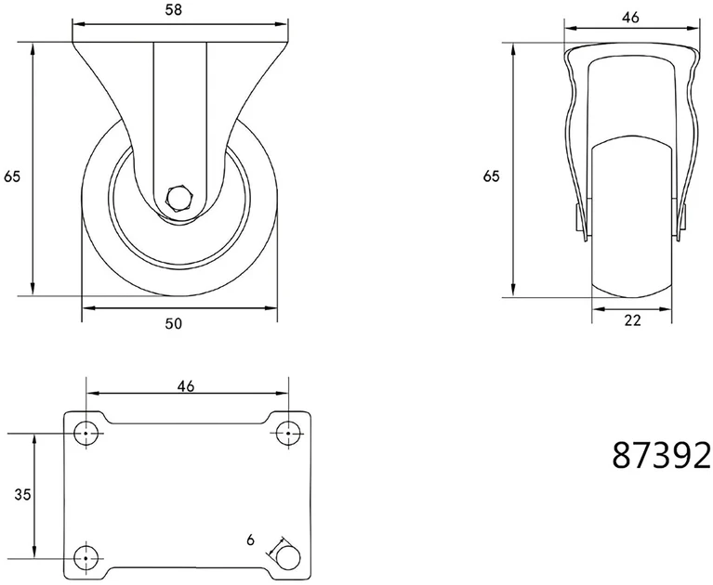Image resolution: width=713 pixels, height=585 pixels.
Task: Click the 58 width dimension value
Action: click(173, 10)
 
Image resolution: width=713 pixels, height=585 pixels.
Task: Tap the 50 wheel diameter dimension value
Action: click(173, 323)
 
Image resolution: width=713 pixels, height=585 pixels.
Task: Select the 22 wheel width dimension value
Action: click(632, 320)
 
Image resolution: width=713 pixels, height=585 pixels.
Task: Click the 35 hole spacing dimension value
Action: click(22, 494)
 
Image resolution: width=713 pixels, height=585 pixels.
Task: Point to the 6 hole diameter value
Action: click(251, 540)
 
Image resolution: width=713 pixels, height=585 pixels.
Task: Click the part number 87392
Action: click(662, 456)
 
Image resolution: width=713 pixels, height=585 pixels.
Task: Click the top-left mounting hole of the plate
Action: click(86, 433)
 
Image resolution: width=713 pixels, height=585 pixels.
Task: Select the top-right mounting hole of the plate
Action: click(289, 433)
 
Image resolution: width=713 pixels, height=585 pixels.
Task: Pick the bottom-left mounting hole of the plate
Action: click(86, 558)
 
